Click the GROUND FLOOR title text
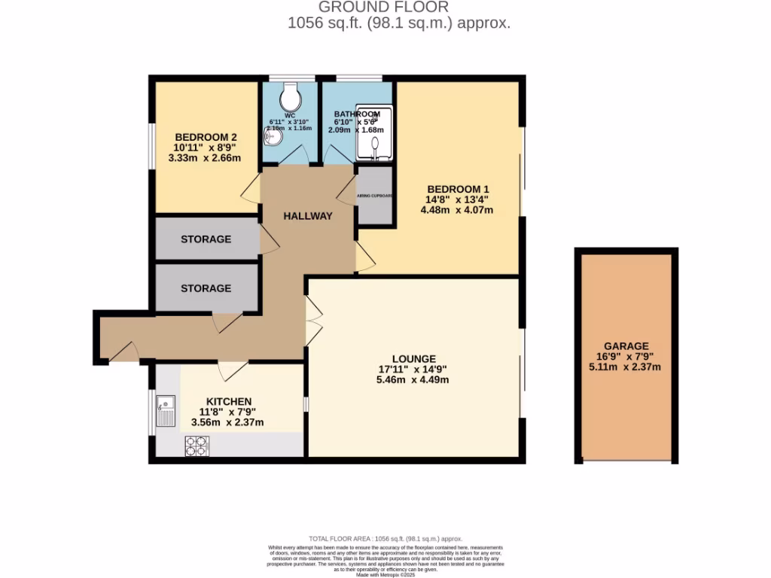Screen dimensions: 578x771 [384, 8]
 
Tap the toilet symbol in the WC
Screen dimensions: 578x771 [288, 96]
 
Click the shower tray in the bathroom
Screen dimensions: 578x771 [374, 134]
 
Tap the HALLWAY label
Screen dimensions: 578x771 [307, 216]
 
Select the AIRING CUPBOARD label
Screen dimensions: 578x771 [374, 196]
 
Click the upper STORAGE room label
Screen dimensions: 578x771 [206, 239]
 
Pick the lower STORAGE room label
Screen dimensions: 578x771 [206, 288]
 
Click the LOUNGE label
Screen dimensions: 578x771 [413, 359]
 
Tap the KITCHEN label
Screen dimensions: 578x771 [226, 401]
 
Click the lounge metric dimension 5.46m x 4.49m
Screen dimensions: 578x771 [413, 380]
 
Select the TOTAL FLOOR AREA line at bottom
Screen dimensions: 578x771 [385, 539]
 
